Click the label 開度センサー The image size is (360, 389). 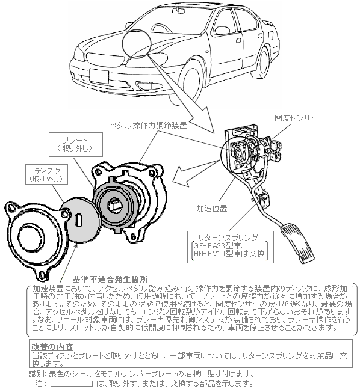click(x=296, y=118)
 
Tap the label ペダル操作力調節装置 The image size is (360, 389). click(x=148, y=126)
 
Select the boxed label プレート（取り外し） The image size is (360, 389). click(x=76, y=145)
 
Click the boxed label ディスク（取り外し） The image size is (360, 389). click(x=47, y=174)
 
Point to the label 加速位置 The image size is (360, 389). click(x=212, y=209)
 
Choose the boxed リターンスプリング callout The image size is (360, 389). click(x=231, y=247)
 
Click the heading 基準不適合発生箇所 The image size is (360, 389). click(x=110, y=280)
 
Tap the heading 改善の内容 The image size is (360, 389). click(x=52, y=346)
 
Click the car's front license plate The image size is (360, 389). click(x=99, y=76)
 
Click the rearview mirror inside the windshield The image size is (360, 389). click(x=179, y=10)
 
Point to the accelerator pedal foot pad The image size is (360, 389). click(x=297, y=242)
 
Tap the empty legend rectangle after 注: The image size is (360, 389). click(x=72, y=384)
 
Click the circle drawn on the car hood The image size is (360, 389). click(x=137, y=44)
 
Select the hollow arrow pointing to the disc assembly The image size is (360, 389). click(x=196, y=173)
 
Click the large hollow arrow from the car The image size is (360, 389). click(x=181, y=94)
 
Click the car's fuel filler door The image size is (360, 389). click(x=271, y=35)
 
